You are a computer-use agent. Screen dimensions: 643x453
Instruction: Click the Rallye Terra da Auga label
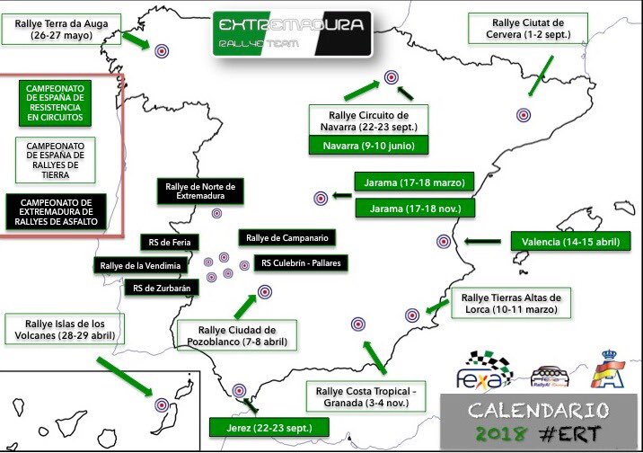61,29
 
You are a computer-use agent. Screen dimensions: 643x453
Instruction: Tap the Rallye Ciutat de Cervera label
528,29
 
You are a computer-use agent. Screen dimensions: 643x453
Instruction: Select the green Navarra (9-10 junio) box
369,146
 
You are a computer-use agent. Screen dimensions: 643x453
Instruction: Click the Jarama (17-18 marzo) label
414,182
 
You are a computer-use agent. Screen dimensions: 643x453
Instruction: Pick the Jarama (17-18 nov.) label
415,209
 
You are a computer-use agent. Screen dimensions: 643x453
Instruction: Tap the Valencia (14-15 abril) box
570,241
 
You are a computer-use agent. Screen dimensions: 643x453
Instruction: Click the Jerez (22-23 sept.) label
269,428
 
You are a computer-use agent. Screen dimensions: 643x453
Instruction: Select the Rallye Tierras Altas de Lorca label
511,303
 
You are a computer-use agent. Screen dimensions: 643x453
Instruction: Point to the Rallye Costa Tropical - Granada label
366,396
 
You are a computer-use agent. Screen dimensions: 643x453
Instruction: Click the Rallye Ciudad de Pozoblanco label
237,335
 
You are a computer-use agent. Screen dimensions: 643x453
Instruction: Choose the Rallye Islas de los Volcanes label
65,330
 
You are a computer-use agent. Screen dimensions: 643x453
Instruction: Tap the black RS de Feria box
170,243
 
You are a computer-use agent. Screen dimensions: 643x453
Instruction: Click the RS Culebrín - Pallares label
301,263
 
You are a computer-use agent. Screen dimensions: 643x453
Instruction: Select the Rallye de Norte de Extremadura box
200,191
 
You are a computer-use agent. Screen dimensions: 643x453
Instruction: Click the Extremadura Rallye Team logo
292,33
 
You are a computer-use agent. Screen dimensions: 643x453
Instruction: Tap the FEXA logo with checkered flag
484,369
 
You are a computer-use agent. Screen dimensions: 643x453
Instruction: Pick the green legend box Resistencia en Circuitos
55,103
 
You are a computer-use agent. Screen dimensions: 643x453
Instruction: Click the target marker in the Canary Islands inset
162,405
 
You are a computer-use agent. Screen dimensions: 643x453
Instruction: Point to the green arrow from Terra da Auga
137,40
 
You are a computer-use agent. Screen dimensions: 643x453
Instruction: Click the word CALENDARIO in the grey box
539,411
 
